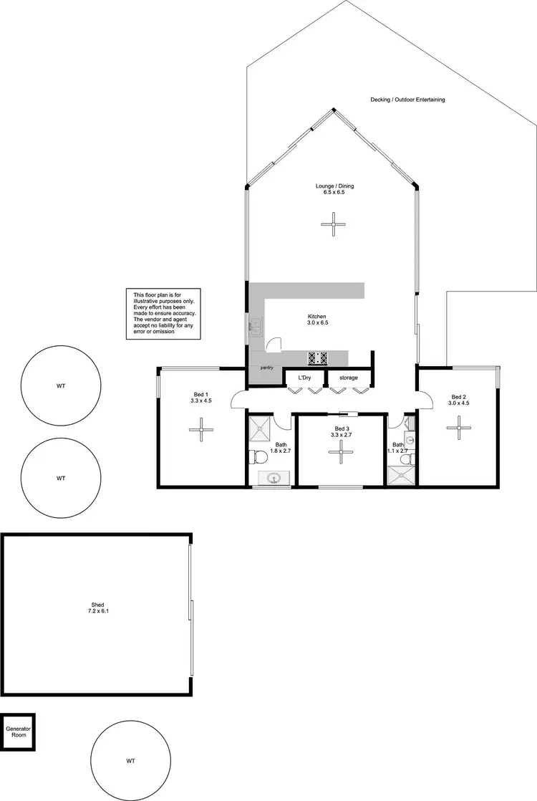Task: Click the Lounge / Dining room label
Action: [334, 186]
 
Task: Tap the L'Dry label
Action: [305, 377]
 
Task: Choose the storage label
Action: [349, 377]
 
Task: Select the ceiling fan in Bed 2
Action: [458, 428]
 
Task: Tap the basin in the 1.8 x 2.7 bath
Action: [273, 479]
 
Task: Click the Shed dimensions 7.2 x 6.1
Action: [98, 611]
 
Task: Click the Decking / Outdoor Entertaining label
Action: [407, 100]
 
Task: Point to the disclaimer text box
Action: [165, 313]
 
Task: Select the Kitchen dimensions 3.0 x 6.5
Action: [317, 323]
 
